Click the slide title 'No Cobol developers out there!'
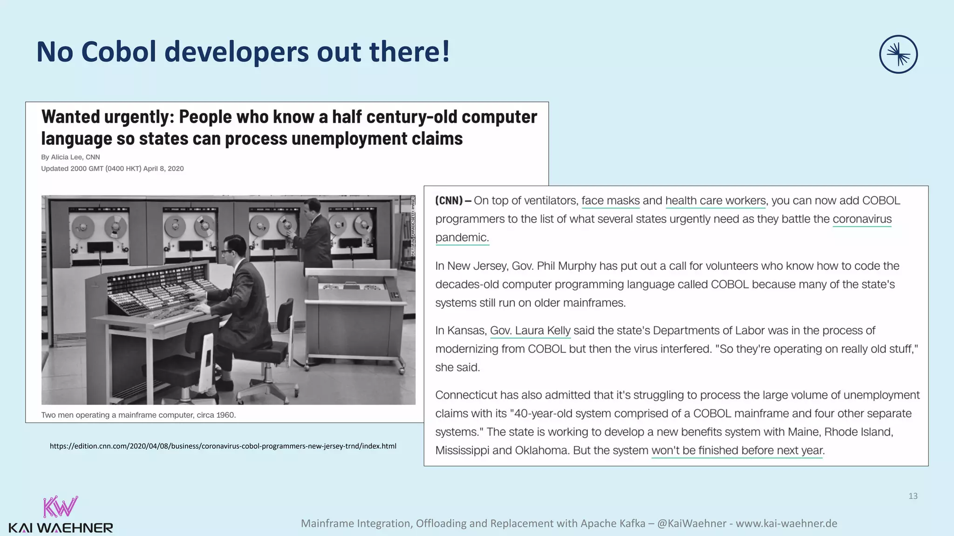tap(243, 52)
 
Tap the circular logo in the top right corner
tap(898, 54)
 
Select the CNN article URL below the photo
tap(223, 446)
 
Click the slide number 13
tap(913, 496)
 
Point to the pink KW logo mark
tap(60, 506)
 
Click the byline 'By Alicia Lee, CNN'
tap(70, 157)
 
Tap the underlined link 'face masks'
tap(610, 201)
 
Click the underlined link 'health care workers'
tap(715, 201)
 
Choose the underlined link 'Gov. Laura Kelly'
tap(530, 330)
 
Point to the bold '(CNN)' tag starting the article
tap(449, 201)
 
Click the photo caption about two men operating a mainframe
tap(138, 415)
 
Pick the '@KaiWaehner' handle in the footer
tap(691, 523)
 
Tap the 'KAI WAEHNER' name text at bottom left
tap(61, 528)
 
